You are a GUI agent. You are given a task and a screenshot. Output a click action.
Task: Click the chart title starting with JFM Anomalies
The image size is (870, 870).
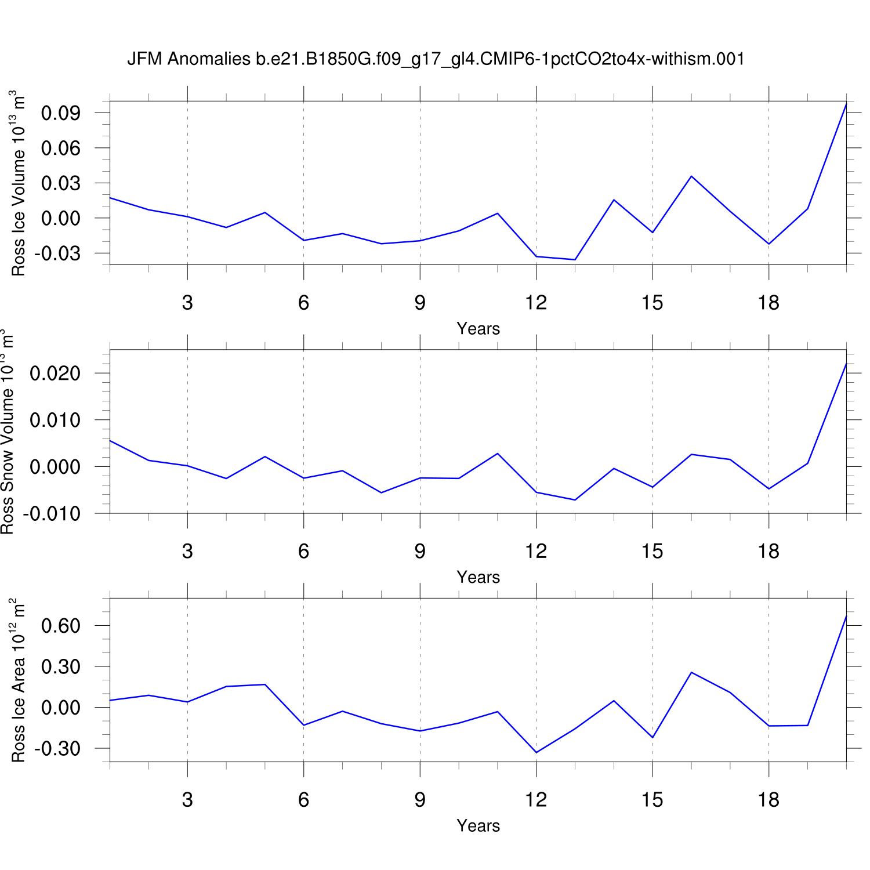click(x=436, y=59)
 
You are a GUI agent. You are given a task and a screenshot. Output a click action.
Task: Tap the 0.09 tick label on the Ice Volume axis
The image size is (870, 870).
click(x=60, y=113)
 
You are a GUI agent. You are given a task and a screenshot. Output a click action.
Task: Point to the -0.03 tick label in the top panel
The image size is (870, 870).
click(x=57, y=253)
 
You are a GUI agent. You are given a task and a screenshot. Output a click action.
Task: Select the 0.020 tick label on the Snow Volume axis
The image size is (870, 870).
click(x=55, y=373)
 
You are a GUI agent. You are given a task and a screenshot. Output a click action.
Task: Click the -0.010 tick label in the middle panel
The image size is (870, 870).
click(x=52, y=514)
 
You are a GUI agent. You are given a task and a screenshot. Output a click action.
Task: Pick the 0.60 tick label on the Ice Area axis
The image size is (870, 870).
click(x=60, y=626)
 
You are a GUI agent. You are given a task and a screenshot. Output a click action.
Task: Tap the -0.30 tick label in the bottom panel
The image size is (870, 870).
click(x=57, y=749)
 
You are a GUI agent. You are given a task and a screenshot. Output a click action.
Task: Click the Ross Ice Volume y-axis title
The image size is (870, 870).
click(x=19, y=183)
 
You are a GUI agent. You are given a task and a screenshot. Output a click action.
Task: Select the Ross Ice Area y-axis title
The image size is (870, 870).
click(x=19, y=680)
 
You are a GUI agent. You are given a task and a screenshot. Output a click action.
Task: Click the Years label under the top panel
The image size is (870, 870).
click(x=478, y=329)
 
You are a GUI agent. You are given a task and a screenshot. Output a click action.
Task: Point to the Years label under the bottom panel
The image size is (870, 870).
click(x=478, y=825)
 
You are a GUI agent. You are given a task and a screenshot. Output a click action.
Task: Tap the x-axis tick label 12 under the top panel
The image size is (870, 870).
click(x=536, y=303)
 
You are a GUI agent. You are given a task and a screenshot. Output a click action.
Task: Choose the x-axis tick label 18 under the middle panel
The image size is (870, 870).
click(x=768, y=551)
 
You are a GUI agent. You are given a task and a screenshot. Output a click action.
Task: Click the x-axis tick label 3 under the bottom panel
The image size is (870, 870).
click(x=187, y=800)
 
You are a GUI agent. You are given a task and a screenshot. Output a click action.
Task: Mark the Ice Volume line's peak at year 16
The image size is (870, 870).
click(x=691, y=176)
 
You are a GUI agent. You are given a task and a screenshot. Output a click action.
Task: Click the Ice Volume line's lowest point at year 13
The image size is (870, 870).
click(x=575, y=260)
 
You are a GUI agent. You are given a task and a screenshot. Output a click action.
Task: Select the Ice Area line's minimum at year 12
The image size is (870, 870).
click(x=536, y=752)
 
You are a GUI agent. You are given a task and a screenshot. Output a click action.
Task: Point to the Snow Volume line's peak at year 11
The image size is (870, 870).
click(x=498, y=454)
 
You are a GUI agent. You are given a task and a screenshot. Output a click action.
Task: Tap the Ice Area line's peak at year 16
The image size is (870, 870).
click(x=691, y=672)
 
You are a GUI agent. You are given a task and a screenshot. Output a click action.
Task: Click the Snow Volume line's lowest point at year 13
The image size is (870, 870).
click(x=575, y=500)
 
